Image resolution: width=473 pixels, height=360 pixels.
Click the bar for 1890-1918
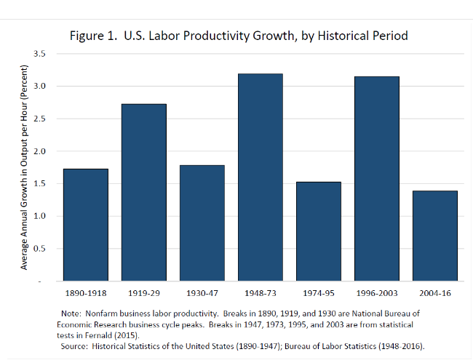coord(86,225)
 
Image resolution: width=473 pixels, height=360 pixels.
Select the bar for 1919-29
coord(144,192)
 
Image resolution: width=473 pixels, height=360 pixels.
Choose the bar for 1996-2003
coord(376,178)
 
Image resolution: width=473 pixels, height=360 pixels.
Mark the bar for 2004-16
coord(434,236)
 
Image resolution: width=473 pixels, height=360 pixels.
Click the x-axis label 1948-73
coord(260,293)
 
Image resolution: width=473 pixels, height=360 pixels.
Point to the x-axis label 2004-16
coord(434,293)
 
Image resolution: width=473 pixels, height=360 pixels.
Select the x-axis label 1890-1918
coord(86,293)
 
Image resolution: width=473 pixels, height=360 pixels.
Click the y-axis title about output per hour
coord(23,167)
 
